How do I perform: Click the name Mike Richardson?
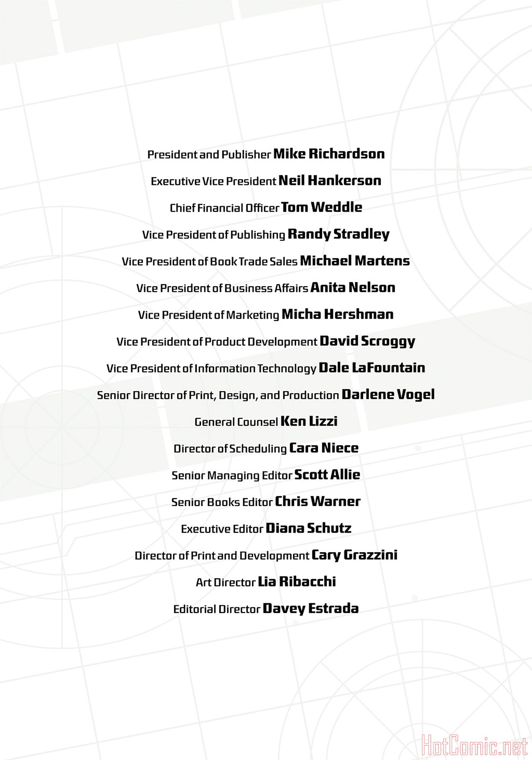tap(329, 154)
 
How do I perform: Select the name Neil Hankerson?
tap(330, 181)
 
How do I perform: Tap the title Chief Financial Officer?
tap(224, 208)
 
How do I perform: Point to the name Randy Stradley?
tap(338, 234)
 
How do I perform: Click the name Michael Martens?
tap(355, 261)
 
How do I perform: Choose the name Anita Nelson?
tap(352, 288)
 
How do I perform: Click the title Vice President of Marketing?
tap(209, 315)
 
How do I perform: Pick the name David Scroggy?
tap(367, 342)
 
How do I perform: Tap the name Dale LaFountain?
tap(372, 368)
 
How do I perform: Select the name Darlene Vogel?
tap(388, 395)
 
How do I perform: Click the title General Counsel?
tap(236, 422)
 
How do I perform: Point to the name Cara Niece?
tap(323, 448)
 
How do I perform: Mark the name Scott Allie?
tap(327, 475)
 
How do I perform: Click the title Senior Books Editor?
tap(222, 502)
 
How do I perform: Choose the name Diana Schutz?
tap(308, 529)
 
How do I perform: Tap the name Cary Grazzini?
tap(354, 555)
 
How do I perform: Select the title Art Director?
tap(226, 582)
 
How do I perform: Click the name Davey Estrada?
tap(310, 609)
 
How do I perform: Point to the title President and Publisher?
tap(209, 155)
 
